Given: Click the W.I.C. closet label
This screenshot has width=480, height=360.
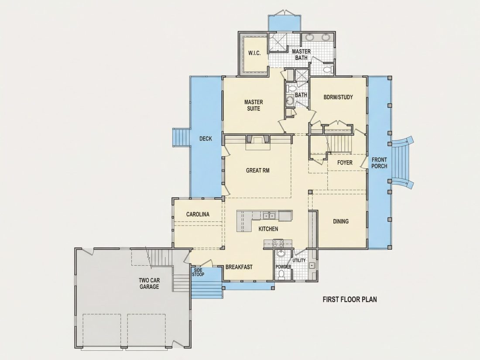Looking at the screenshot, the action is click(254, 53).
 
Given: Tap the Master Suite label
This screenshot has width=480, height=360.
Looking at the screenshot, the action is click(254, 105).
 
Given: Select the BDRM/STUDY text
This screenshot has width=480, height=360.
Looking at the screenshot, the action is click(338, 97).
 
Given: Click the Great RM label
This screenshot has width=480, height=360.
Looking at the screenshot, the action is click(258, 170).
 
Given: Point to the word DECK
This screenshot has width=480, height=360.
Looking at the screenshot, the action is click(206, 139).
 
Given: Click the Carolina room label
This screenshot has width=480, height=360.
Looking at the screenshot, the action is click(198, 214).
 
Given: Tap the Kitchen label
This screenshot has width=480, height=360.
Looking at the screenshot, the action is click(268, 229).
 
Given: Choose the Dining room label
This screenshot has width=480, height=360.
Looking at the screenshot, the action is click(341, 221).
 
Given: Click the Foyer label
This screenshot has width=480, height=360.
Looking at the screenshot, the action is click(345, 163).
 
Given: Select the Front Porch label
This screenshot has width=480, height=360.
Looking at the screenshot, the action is click(379, 163).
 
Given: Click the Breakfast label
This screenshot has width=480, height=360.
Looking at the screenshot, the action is click(239, 267).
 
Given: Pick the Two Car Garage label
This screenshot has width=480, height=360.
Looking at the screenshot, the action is click(149, 284).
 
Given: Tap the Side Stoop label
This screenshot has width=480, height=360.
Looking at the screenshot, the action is click(198, 272).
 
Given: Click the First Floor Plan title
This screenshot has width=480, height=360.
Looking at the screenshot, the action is click(350, 299).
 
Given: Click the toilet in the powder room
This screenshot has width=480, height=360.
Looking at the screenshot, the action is click(281, 275).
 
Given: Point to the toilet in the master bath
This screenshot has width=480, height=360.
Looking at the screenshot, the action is click(328, 69).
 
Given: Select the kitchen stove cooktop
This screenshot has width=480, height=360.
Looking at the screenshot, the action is click(278, 243).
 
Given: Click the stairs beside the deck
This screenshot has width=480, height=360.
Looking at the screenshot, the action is click(181, 137).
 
